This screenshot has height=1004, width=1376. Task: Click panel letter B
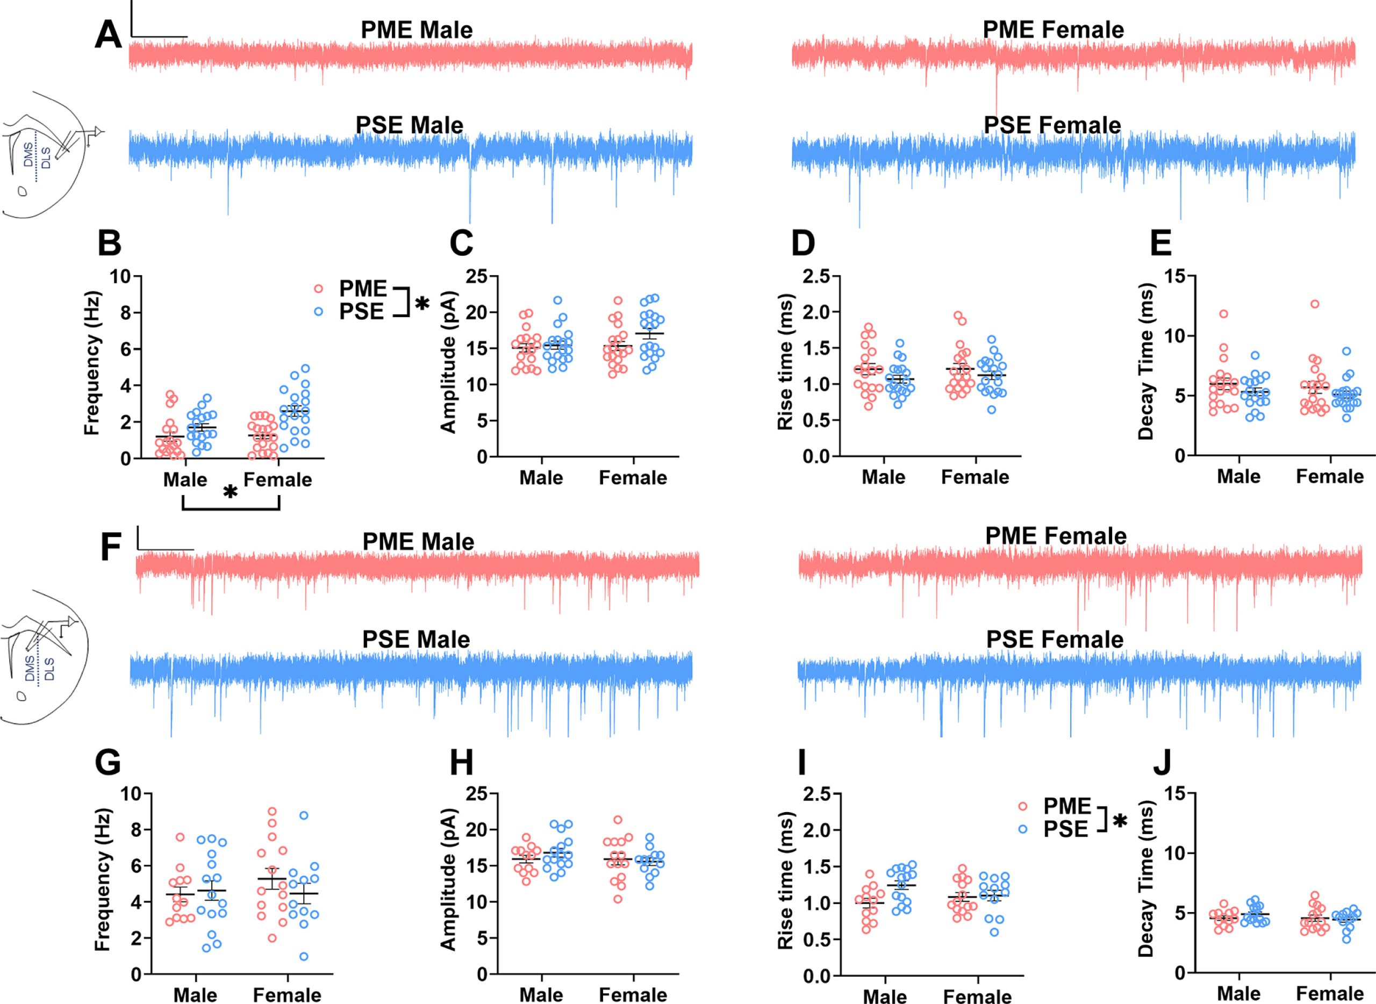coord(110,243)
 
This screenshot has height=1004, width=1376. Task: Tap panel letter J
coord(1162,764)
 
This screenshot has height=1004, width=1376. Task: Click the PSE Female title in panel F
coord(1055,640)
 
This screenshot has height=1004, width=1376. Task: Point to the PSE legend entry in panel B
coord(361,312)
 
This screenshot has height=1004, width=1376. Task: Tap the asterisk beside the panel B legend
coord(422,304)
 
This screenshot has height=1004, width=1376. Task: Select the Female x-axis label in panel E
coord(1330,476)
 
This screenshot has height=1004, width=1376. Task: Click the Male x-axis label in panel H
coord(541,995)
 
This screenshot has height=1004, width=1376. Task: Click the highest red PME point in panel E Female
coord(1315,304)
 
